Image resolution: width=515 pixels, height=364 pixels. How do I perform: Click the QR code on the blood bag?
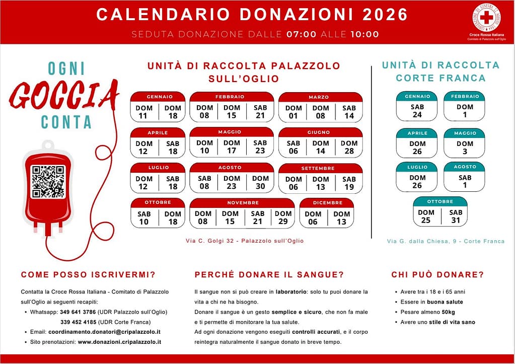[48, 182]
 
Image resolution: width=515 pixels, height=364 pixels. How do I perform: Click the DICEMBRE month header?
[327, 203]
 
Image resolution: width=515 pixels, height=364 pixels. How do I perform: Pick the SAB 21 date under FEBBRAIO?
[260, 112]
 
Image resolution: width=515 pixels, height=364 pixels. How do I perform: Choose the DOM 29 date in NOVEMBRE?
[283, 217]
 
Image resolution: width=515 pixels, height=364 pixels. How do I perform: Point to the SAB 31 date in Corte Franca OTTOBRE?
[455, 216]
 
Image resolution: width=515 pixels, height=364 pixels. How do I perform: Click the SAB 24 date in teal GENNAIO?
[417, 111]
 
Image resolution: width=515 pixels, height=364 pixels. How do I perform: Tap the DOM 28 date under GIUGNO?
[349, 147]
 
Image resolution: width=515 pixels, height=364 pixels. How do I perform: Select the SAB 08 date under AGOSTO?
[204, 182]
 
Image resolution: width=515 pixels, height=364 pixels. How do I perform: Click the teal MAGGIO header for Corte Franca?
[465, 133]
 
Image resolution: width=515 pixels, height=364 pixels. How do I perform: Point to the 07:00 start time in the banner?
[301, 35]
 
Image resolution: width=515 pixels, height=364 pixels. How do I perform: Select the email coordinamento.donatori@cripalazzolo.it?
[104, 332]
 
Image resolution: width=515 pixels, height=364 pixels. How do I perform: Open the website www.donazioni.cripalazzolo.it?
[119, 342]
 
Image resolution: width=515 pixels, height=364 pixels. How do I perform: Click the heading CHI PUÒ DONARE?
[437, 274]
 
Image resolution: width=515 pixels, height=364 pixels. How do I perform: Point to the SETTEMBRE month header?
[321, 168]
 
